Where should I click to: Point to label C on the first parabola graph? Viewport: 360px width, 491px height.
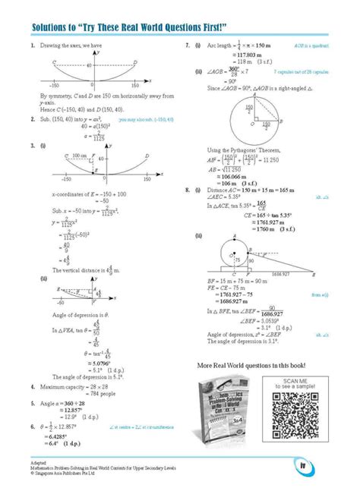tap(52, 63)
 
